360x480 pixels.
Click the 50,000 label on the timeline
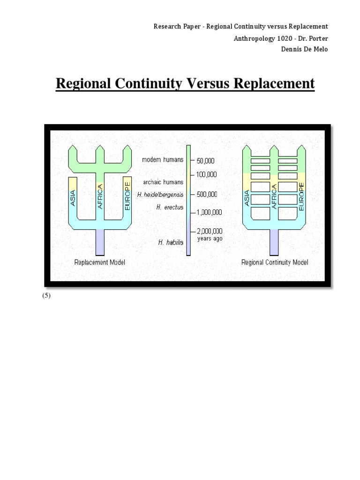pos(206,161)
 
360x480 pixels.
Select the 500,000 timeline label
pos(208,194)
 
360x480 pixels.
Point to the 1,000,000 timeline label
pos(210,212)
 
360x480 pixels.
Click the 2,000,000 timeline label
pos(210,231)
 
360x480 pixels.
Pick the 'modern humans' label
pos(163,160)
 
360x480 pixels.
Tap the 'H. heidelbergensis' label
pos(161,194)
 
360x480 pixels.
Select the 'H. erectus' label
pos(170,207)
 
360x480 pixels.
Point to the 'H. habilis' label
pos(171,242)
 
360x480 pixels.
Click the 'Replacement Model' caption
pos(100,262)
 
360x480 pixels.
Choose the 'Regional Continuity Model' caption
pos(275,262)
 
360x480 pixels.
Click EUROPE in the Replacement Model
pos(127,195)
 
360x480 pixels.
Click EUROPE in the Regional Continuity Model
pos(301,196)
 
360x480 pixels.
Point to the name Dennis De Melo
pos(305,50)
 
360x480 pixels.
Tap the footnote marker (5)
pos(46,296)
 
